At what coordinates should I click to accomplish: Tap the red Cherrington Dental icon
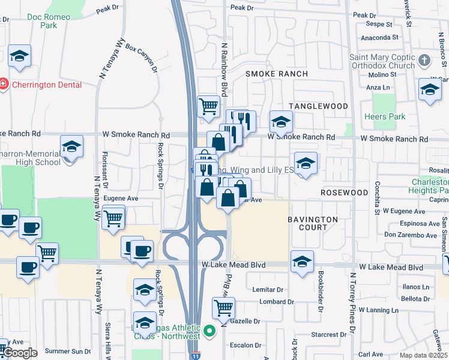pos(4,85)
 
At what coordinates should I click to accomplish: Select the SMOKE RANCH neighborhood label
pos(277,74)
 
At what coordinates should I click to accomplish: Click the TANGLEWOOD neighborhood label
pos(319,106)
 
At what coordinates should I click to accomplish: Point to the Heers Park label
pos(384,116)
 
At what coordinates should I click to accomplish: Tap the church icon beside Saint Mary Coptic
pos(424,60)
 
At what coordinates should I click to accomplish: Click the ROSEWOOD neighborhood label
pos(344,193)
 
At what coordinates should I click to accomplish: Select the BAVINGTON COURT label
pos(313,223)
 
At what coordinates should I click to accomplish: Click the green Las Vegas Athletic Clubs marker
pos(209,331)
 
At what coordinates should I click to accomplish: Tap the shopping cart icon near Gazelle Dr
pos(223,308)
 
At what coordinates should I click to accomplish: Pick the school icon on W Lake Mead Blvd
pos(302,262)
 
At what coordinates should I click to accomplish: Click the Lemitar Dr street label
pos(268,289)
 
